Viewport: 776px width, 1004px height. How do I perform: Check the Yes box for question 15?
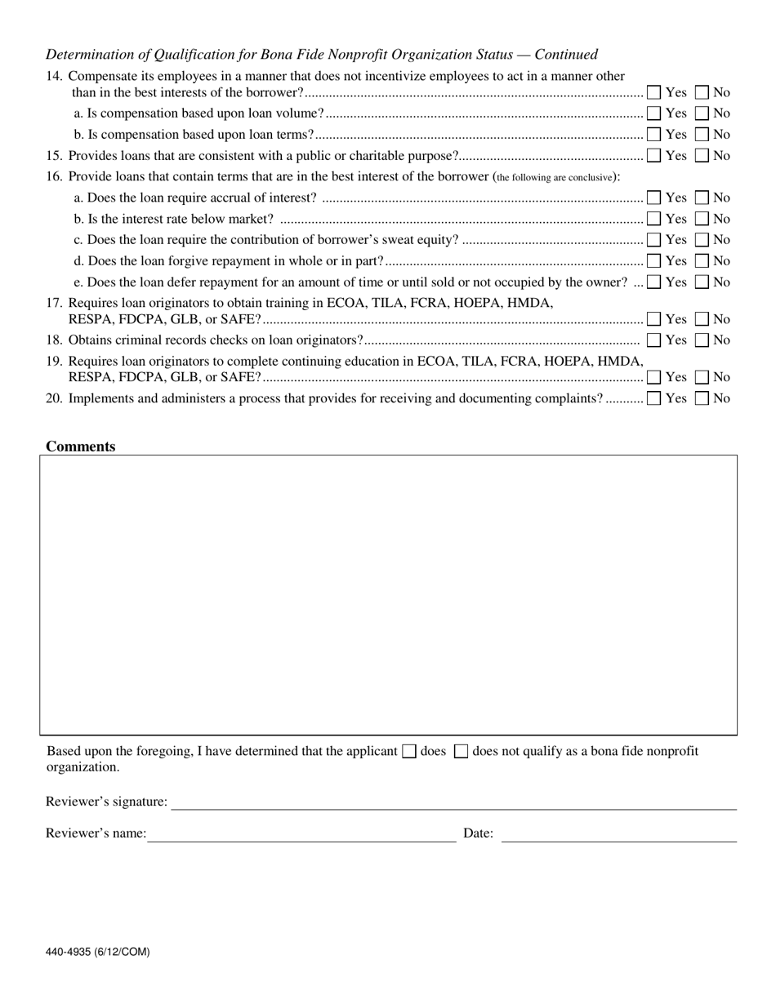coord(653,155)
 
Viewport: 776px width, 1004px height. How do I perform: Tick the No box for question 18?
coord(702,340)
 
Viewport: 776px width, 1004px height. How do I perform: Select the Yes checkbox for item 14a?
coord(653,113)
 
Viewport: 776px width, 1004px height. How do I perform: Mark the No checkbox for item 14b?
coord(702,135)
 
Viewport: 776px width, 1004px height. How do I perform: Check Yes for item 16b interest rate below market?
coord(653,219)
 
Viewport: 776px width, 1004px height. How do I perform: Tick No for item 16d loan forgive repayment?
coord(702,261)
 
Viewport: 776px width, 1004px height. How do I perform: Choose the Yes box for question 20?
coord(653,398)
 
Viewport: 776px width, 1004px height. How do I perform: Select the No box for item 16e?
coord(702,282)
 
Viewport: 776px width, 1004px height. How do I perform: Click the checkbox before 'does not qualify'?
coord(461,752)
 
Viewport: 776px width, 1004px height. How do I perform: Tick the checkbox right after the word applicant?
coord(409,752)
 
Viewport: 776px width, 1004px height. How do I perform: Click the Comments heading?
coord(80,446)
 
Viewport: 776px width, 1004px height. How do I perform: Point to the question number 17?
coord(54,303)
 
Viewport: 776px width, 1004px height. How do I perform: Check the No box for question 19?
coord(702,377)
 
